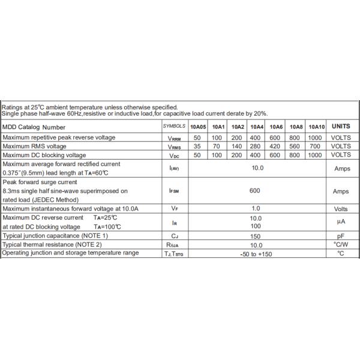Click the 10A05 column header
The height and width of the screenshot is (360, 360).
[x=198, y=127]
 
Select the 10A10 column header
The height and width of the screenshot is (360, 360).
[x=317, y=127]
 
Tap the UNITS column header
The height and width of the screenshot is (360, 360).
[x=341, y=127]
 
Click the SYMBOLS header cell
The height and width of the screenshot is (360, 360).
[x=174, y=127]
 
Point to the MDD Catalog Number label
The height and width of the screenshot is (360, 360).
[x=34, y=127]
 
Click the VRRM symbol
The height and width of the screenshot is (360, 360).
[x=174, y=138]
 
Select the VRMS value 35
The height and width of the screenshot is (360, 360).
[x=197, y=146]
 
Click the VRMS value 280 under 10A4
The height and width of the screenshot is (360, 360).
[x=257, y=146]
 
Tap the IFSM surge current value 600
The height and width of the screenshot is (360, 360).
[x=256, y=191]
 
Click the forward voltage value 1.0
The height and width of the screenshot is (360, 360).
[x=256, y=208]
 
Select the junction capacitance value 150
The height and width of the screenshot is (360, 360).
[x=256, y=236]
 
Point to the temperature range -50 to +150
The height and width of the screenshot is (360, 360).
[x=256, y=254]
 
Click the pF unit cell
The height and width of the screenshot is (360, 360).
[x=341, y=236]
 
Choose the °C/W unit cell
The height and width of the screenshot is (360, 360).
[x=341, y=245]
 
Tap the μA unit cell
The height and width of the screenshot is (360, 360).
[x=341, y=223]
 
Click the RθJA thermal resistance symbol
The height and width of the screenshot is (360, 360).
[x=174, y=245]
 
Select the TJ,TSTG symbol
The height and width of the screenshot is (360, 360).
[x=174, y=254]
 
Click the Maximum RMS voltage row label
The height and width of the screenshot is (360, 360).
[x=35, y=146]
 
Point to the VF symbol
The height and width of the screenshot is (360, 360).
[x=174, y=209]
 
